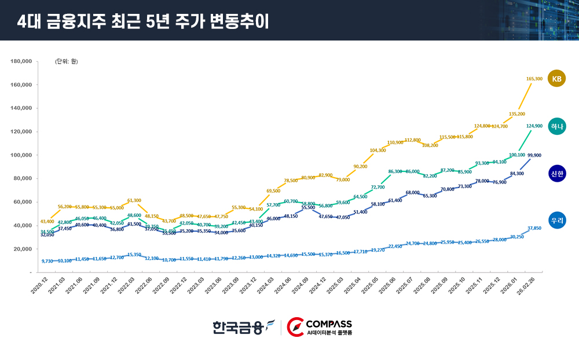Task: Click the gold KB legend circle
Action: [x=556, y=79]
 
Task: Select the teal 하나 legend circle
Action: [x=556, y=126]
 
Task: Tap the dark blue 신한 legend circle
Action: [x=556, y=174]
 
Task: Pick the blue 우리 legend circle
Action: [x=556, y=220]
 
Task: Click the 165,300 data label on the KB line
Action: [x=534, y=79]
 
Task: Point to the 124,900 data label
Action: [x=534, y=126]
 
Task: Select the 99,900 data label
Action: [x=534, y=155]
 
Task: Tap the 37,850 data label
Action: [x=534, y=228]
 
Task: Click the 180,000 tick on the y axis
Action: [x=21, y=61]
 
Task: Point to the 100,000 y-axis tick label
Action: [x=21, y=155]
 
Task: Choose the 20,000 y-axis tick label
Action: [x=23, y=248]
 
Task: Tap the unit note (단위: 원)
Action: [x=67, y=61]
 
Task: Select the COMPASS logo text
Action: [x=328, y=324]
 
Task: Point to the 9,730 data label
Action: [x=47, y=261]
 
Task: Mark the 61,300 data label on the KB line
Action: [x=134, y=200]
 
